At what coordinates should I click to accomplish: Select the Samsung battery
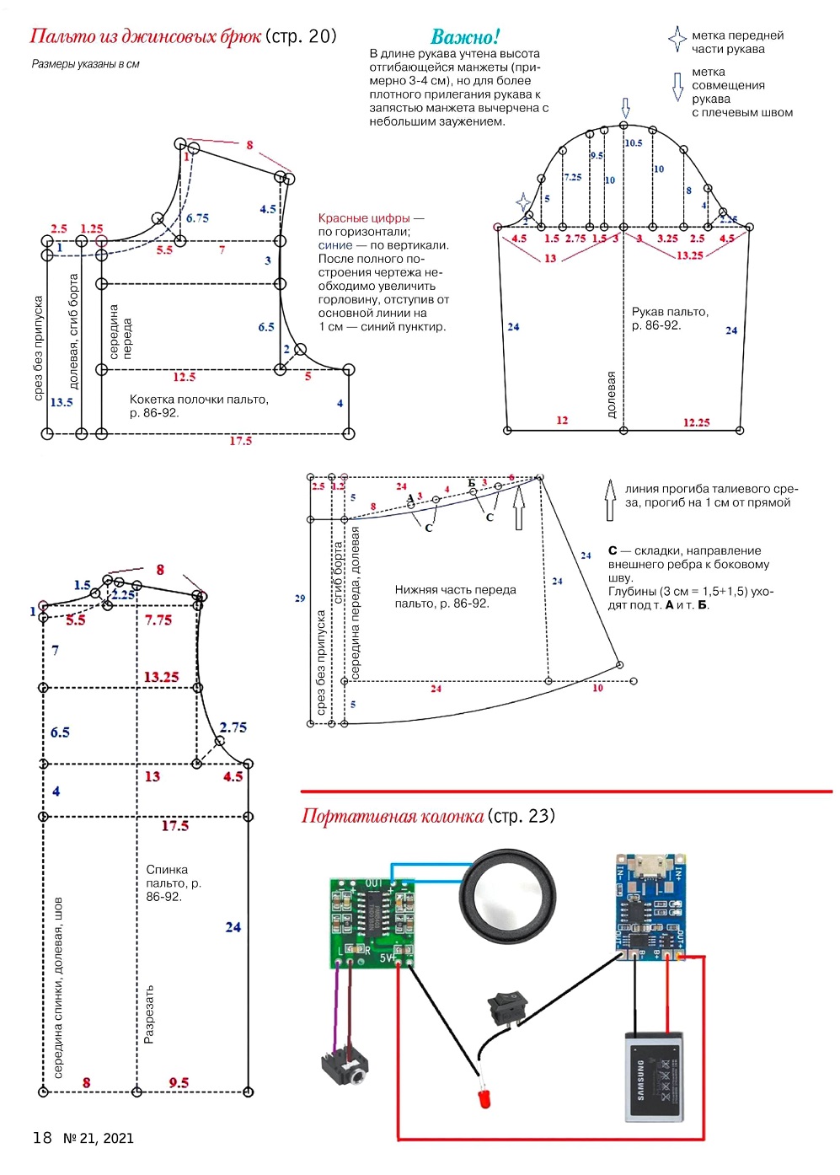[652, 1076]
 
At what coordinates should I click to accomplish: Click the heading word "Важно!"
[465, 37]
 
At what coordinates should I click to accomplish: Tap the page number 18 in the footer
[42, 1138]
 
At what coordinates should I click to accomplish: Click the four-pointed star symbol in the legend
[677, 39]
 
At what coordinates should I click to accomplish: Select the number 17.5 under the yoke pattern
[241, 441]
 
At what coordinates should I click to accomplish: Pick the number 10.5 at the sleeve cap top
[634, 143]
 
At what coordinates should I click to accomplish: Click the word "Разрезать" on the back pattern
[149, 1014]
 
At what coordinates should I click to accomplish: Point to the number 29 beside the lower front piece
[300, 598]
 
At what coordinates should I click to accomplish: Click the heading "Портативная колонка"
[393, 816]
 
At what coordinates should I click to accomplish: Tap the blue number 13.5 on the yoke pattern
[62, 402]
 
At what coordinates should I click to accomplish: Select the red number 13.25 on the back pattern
[161, 677]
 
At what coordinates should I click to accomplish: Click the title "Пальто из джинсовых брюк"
[145, 36]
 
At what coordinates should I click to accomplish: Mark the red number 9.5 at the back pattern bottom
[179, 1083]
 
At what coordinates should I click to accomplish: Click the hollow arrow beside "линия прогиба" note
[610, 500]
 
